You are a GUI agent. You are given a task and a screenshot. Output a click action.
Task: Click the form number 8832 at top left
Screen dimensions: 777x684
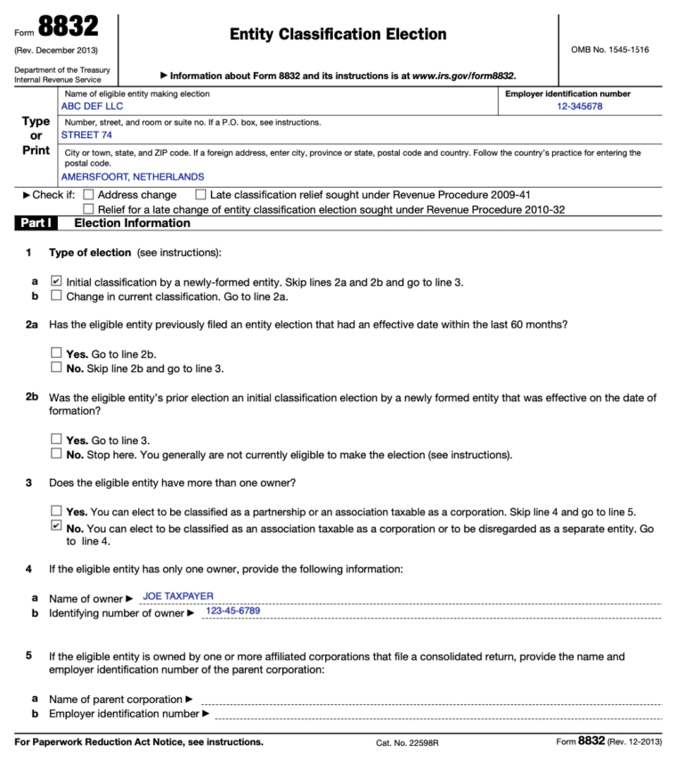point(69,27)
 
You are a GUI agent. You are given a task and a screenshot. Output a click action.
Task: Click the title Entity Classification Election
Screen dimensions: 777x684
point(338,35)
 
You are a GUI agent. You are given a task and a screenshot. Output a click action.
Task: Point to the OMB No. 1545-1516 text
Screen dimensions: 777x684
point(610,50)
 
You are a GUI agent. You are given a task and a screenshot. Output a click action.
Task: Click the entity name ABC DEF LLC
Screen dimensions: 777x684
point(92,107)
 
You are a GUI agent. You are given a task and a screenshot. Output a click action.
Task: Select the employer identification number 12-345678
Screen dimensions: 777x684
point(580,107)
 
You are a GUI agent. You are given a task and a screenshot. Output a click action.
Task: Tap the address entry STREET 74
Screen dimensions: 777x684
point(86,135)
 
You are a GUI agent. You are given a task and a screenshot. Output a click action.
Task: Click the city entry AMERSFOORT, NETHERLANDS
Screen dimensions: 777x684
point(132,177)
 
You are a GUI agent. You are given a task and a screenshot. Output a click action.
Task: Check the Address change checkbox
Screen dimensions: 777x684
point(88,195)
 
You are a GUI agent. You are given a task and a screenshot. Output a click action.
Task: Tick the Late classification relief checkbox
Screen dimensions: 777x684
point(200,195)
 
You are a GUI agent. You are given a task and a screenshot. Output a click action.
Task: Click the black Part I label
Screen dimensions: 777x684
point(35,223)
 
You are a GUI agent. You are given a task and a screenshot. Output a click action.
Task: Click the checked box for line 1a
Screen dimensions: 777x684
point(57,281)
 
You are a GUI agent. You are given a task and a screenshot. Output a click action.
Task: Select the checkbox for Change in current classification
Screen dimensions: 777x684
point(57,295)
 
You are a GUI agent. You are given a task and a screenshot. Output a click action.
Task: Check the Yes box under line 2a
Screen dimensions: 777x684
point(57,353)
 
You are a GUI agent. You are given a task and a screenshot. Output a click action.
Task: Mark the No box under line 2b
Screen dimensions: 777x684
point(57,454)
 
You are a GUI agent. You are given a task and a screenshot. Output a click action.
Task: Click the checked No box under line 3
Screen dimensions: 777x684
point(57,526)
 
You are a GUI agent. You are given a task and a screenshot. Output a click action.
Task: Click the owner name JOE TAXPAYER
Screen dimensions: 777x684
point(178,596)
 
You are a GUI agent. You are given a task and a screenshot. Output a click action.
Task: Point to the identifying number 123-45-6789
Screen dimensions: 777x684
point(232,611)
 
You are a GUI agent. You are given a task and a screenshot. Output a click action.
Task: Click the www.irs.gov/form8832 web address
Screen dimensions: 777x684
point(463,76)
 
